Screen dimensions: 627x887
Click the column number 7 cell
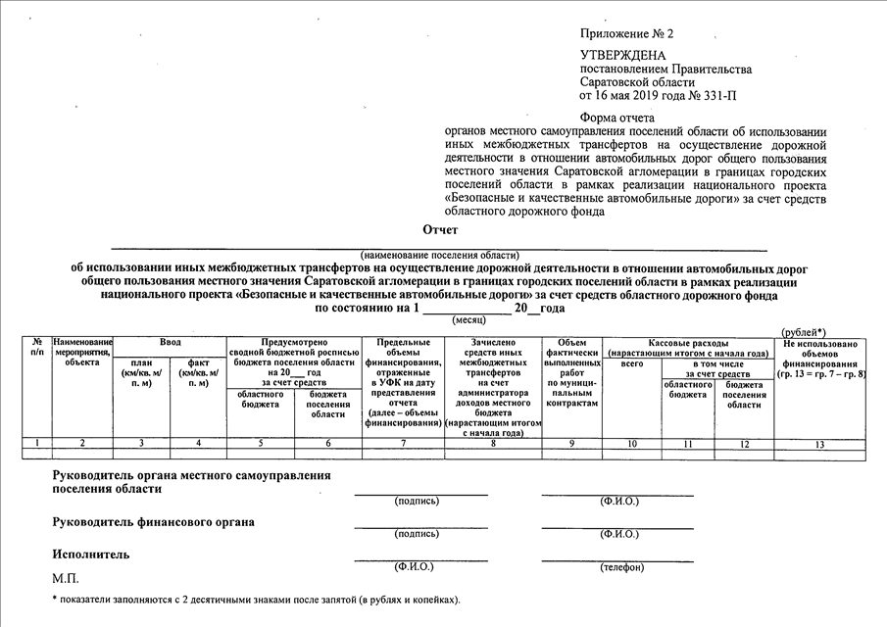point(403,444)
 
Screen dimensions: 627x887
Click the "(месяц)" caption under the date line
point(468,319)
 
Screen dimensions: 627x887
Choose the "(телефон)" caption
point(616,567)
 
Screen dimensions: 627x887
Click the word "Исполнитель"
point(91,555)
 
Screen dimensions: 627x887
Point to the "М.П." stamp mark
point(66,579)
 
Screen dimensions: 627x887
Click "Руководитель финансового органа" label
point(154,522)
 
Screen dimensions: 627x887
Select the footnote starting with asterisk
point(255,600)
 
